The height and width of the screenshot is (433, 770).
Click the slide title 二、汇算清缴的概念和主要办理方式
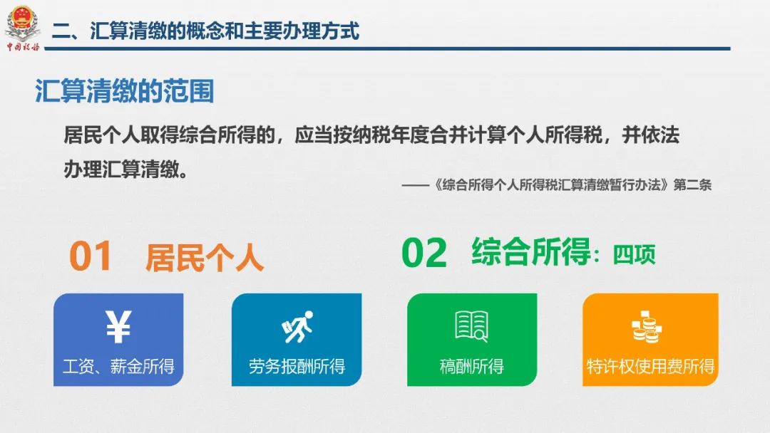pos(206,31)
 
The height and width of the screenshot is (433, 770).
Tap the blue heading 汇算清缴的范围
pos(125,92)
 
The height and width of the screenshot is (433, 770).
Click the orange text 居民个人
pos(205,257)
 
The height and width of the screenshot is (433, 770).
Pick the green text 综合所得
pos(530,252)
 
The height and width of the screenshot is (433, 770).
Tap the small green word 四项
pos(634,254)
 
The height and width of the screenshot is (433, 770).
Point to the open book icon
pos(471,326)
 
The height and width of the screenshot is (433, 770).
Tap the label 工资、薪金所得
pos(118,367)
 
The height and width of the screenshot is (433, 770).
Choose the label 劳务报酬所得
pos(297,367)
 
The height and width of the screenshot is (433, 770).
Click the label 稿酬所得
pos(471,367)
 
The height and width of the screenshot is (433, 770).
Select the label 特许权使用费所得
pos(650,367)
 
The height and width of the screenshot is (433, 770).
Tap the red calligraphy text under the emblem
pos(23,47)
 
